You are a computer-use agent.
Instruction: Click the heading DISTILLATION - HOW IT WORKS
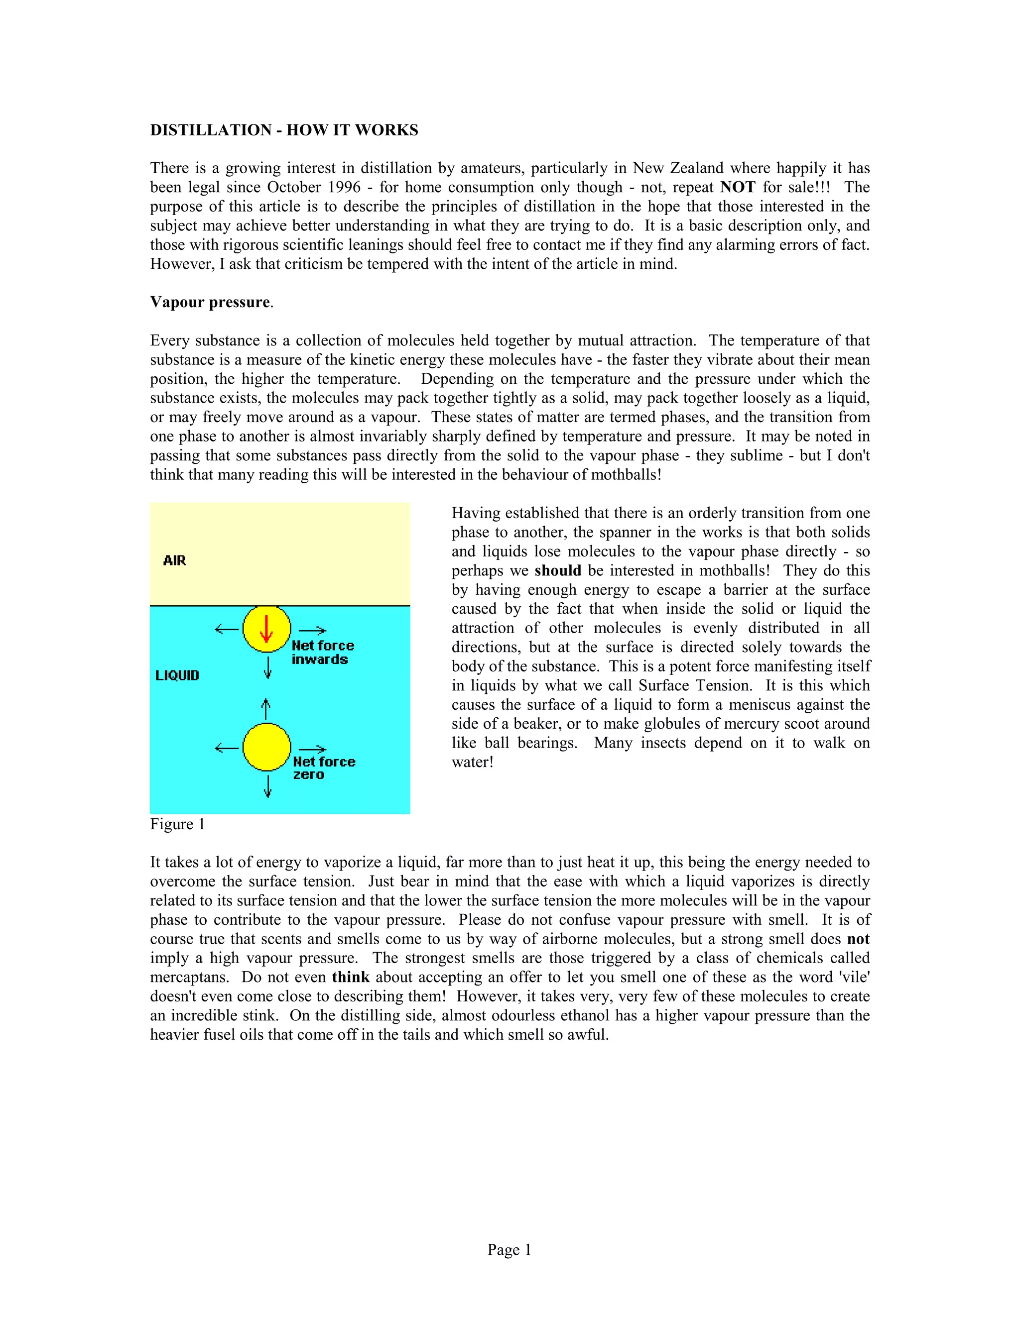click(284, 130)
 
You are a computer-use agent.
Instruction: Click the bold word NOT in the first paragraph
click(737, 187)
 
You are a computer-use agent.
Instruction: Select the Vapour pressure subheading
click(210, 302)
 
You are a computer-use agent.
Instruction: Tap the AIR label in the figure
click(175, 560)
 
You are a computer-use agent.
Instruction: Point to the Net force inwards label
click(322, 652)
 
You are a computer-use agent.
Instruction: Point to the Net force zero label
click(323, 768)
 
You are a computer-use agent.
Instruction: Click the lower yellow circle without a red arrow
click(266, 747)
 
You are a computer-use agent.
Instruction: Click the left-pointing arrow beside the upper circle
click(227, 629)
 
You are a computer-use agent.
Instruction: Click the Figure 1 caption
click(177, 824)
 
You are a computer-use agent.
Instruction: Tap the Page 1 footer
click(509, 1249)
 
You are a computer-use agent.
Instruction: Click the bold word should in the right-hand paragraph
click(558, 571)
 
